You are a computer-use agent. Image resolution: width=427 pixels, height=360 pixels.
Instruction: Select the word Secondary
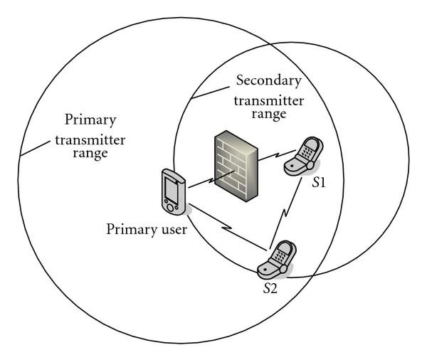[270, 80]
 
